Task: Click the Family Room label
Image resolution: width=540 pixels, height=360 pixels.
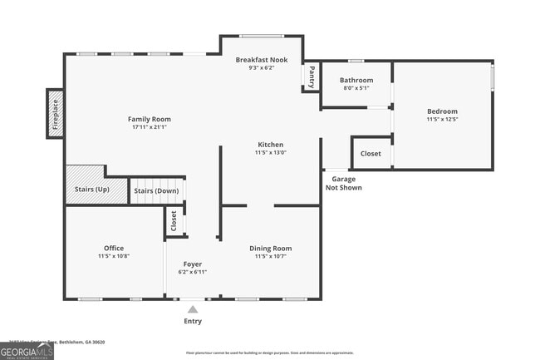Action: pos(149,119)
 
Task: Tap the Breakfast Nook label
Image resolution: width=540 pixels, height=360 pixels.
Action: pos(261,60)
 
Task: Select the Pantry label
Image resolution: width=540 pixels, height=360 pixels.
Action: pos(312,76)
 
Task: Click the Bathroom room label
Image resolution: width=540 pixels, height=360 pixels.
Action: pos(356,81)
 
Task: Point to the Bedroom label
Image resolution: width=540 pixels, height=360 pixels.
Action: pos(442,111)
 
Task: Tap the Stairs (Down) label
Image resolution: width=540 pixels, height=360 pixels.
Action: pos(156,191)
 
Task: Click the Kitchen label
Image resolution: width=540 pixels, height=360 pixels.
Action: pos(269,145)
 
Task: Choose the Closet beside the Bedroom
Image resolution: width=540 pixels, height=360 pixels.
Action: pos(371,154)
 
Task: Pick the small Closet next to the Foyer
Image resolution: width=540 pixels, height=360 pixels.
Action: pos(174,220)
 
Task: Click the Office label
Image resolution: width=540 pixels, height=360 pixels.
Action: pos(114,248)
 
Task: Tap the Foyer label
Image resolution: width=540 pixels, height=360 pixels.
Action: pos(193,264)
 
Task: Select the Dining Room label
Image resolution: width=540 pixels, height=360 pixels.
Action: pos(271,248)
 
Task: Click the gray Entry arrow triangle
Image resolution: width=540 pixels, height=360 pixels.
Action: pos(193,309)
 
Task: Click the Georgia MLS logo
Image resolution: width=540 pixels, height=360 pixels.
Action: pos(27,352)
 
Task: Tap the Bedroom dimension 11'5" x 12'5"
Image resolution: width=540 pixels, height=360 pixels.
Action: pos(442,120)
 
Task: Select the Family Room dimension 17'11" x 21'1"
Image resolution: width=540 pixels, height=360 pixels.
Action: pos(149,127)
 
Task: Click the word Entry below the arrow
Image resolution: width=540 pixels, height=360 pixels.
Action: pos(193,321)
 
